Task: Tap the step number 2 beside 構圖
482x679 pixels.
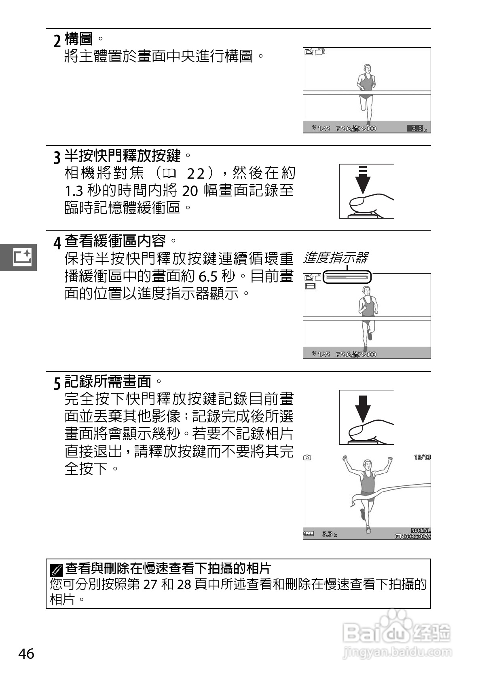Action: tap(57, 40)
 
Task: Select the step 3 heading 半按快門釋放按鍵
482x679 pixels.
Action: tap(123, 156)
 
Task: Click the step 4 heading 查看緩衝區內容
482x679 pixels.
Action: tap(115, 241)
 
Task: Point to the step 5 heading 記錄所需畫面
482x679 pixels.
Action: tap(108, 381)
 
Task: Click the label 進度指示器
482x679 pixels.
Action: tap(335, 258)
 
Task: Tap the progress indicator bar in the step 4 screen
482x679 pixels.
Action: tap(347, 278)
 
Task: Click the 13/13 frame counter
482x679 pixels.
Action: tap(422, 457)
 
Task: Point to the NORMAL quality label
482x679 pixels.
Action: tap(421, 530)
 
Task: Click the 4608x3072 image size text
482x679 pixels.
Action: tap(416, 536)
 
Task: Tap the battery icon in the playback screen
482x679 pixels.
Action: tap(309, 533)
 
